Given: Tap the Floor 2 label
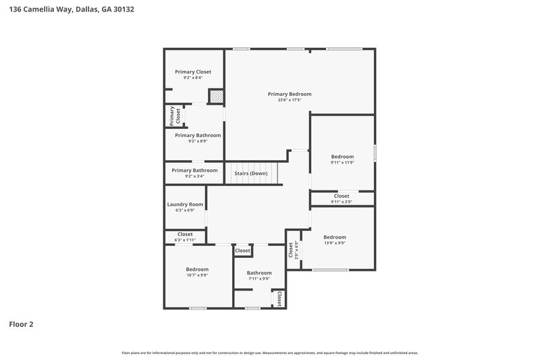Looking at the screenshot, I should coord(21,324).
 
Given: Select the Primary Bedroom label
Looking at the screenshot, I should coord(290,94).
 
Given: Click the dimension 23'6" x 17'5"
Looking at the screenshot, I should coord(290,100).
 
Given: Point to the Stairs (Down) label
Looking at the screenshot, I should coord(251,174).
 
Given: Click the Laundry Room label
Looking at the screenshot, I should coord(185,204).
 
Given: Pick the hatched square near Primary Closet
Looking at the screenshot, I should coord(215,97).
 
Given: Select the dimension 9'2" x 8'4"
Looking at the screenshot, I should coord(193,78).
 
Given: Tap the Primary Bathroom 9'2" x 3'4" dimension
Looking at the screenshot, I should coord(194,176).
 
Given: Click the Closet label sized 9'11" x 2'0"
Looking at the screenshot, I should coord(342,196).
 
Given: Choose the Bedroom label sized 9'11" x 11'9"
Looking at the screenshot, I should coord(342,157).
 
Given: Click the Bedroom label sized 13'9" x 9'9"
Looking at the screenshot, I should coord(335,237).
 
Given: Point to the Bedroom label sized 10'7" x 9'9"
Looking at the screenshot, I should coord(198,269).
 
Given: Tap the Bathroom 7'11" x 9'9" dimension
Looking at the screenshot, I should coord(259,279).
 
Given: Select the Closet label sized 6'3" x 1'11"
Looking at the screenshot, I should coord(185,234).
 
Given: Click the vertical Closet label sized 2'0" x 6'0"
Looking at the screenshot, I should coord(291,251).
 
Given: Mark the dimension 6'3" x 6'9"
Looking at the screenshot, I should coord(185,210).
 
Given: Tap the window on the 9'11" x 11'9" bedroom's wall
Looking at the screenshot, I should coord(375,153).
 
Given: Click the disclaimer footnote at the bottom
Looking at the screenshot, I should coord(270,353).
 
